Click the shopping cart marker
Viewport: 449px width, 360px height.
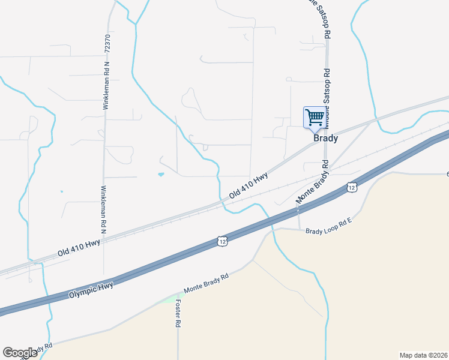[x=315, y=117]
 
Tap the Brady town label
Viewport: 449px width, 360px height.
[x=326, y=138]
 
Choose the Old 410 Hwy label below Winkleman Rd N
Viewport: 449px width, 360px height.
[x=79, y=246]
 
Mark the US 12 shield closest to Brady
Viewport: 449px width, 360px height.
[x=352, y=188]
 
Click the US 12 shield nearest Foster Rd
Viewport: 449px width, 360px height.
[x=223, y=241]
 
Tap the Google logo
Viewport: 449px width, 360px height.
[x=20, y=353]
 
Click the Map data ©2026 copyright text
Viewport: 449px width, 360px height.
[x=423, y=355]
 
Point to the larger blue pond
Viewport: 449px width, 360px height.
[x=160, y=175]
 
